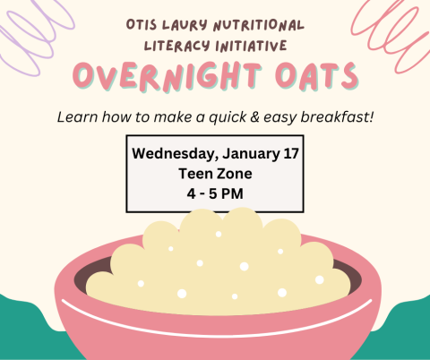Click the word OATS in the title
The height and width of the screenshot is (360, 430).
(x=310, y=79)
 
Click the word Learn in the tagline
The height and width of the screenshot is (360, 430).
(x=75, y=116)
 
